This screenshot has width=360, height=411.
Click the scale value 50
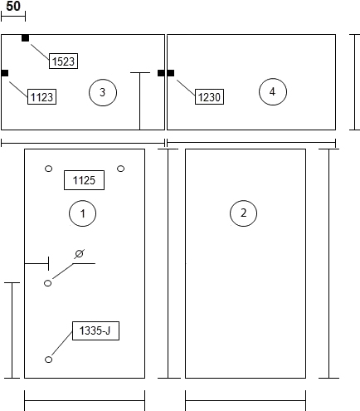pyautogui.click(x=13, y=6)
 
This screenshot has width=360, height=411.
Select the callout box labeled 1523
pyautogui.click(x=63, y=61)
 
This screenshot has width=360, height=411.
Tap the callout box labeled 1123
pyautogui.click(x=41, y=96)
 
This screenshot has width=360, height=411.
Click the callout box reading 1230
pyautogui.click(x=209, y=96)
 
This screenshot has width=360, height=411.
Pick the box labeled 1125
pyautogui.click(x=84, y=180)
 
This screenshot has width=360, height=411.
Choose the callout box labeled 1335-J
pyautogui.click(x=95, y=330)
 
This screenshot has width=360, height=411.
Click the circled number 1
pyautogui.click(x=82, y=213)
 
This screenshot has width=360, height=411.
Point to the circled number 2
pyautogui.click(x=243, y=213)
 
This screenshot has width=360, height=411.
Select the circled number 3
pyautogui.click(x=103, y=92)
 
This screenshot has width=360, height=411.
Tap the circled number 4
pyautogui.click(x=273, y=91)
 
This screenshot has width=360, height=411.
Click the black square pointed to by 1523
pyautogui.click(x=25, y=38)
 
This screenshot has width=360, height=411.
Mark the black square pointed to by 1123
pyautogui.click(x=5, y=73)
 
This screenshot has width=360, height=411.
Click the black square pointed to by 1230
pyautogui.click(x=171, y=73)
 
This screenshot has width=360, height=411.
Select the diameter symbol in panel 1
pyautogui.click(x=80, y=253)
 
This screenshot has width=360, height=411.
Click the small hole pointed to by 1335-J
pyautogui.click(x=48, y=360)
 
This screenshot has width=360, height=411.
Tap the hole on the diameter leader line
pyautogui.click(x=48, y=283)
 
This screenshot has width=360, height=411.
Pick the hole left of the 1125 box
pyautogui.click(x=48, y=169)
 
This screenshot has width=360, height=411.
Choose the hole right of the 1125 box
pyautogui.click(x=121, y=169)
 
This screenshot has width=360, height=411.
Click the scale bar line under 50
pyautogui.click(x=13, y=17)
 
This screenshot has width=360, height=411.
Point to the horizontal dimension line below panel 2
pyautogui.click(x=246, y=400)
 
